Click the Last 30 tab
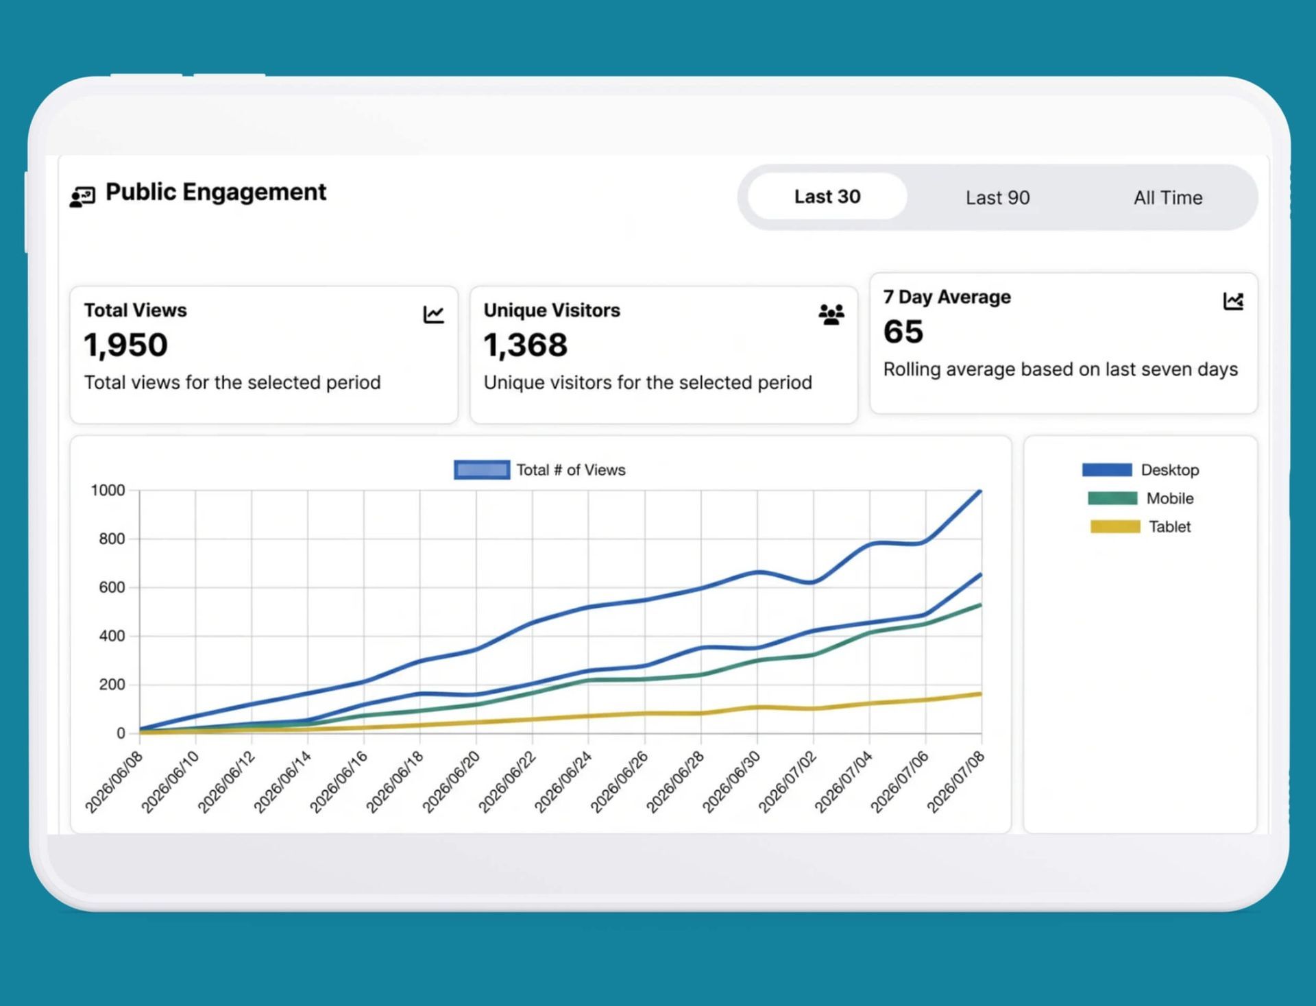tap(827, 197)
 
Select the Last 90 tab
tap(997, 197)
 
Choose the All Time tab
tap(1167, 197)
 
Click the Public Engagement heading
tap(216, 192)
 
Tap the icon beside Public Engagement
tap(82, 197)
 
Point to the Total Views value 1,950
tap(125, 345)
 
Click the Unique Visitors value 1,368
tap(526, 345)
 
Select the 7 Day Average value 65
tap(903, 332)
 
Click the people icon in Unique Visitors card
tap(831, 315)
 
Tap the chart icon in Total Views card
tap(433, 315)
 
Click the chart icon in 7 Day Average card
tap(1233, 301)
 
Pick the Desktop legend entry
tap(1141, 470)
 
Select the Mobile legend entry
tap(1141, 498)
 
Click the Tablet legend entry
tap(1141, 526)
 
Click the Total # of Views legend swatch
tap(482, 469)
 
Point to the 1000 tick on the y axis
tap(108, 490)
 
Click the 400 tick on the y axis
tap(112, 636)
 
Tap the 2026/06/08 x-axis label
tap(114, 782)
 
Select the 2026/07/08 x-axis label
tap(955, 782)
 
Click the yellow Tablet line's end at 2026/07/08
tap(981, 694)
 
